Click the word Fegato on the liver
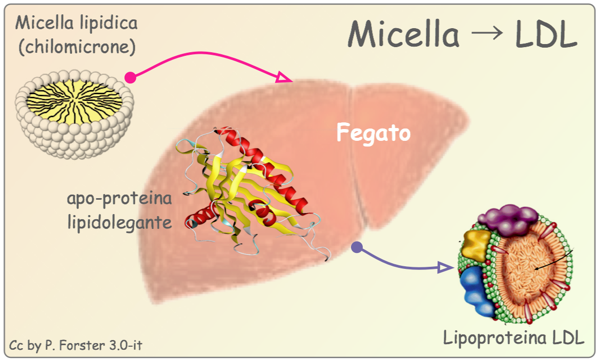(374, 133)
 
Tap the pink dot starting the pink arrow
(130, 77)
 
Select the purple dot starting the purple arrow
(357, 248)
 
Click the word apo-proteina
(118, 199)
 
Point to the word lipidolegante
(119, 223)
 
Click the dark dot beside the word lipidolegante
(194, 224)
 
